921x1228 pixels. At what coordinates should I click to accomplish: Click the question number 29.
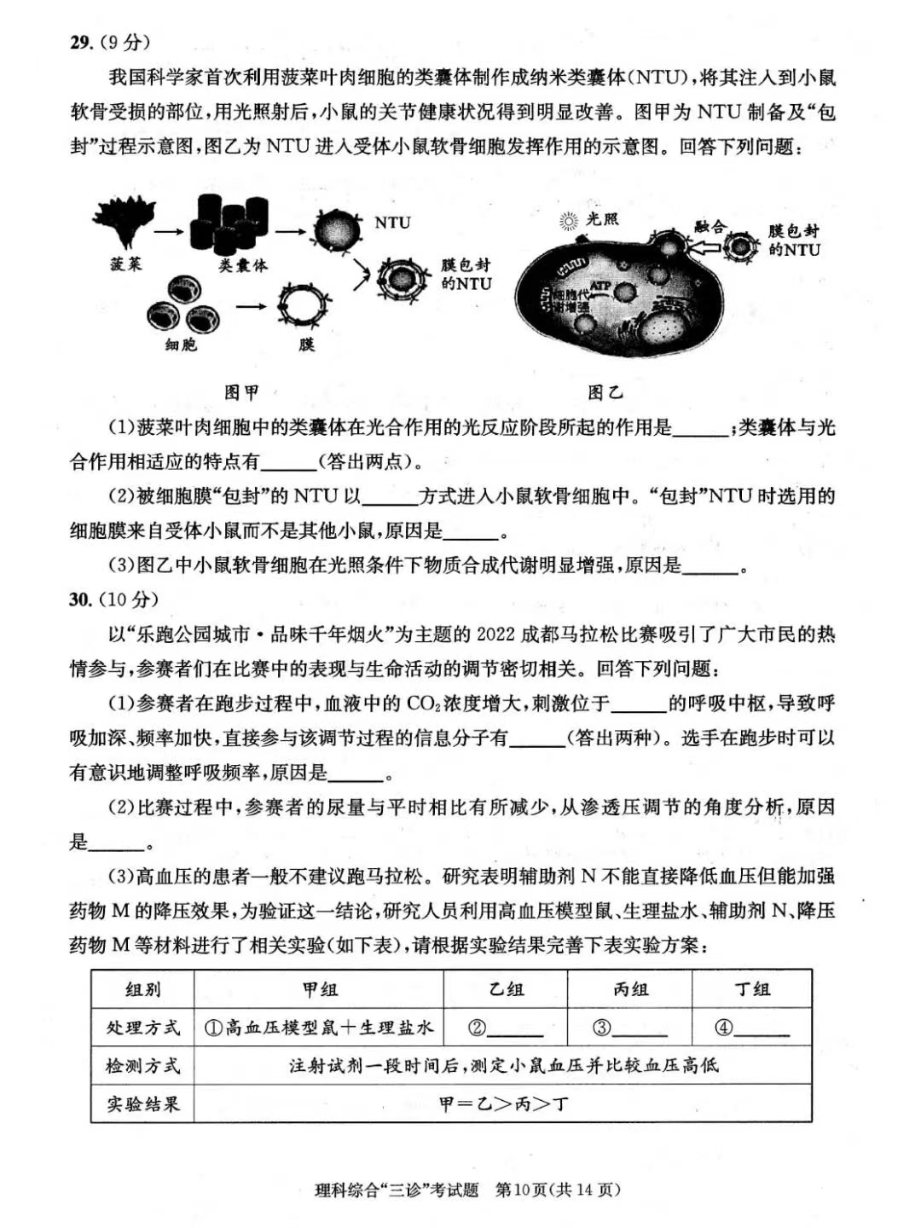pyautogui.click(x=81, y=43)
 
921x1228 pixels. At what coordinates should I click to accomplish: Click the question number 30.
pyautogui.click(x=81, y=600)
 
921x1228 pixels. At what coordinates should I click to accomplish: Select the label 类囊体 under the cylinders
pyautogui.click(x=242, y=265)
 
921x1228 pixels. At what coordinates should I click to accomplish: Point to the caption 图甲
pyautogui.click(x=241, y=392)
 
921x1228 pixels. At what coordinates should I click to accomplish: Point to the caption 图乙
pyautogui.click(x=605, y=392)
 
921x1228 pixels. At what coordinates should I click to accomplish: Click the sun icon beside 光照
pyautogui.click(x=569, y=222)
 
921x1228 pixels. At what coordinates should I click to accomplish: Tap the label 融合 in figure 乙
pyautogui.click(x=710, y=227)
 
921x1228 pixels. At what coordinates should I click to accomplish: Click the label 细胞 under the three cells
pyautogui.click(x=181, y=345)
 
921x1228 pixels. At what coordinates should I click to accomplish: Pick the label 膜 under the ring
pyautogui.click(x=307, y=345)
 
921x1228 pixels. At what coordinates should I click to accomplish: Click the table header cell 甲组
pyautogui.click(x=320, y=989)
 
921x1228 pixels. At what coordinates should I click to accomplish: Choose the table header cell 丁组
pyautogui.click(x=752, y=989)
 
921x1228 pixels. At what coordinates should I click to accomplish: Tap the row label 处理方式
pyautogui.click(x=143, y=1028)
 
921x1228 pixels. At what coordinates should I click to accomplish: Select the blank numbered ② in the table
pyautogui.click(x=505, y=1028)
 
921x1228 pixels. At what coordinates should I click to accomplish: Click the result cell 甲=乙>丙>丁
pyautogui.click(x=503, y=1104)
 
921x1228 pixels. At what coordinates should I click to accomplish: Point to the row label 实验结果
pyautogui.click(x=143, y=1104)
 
